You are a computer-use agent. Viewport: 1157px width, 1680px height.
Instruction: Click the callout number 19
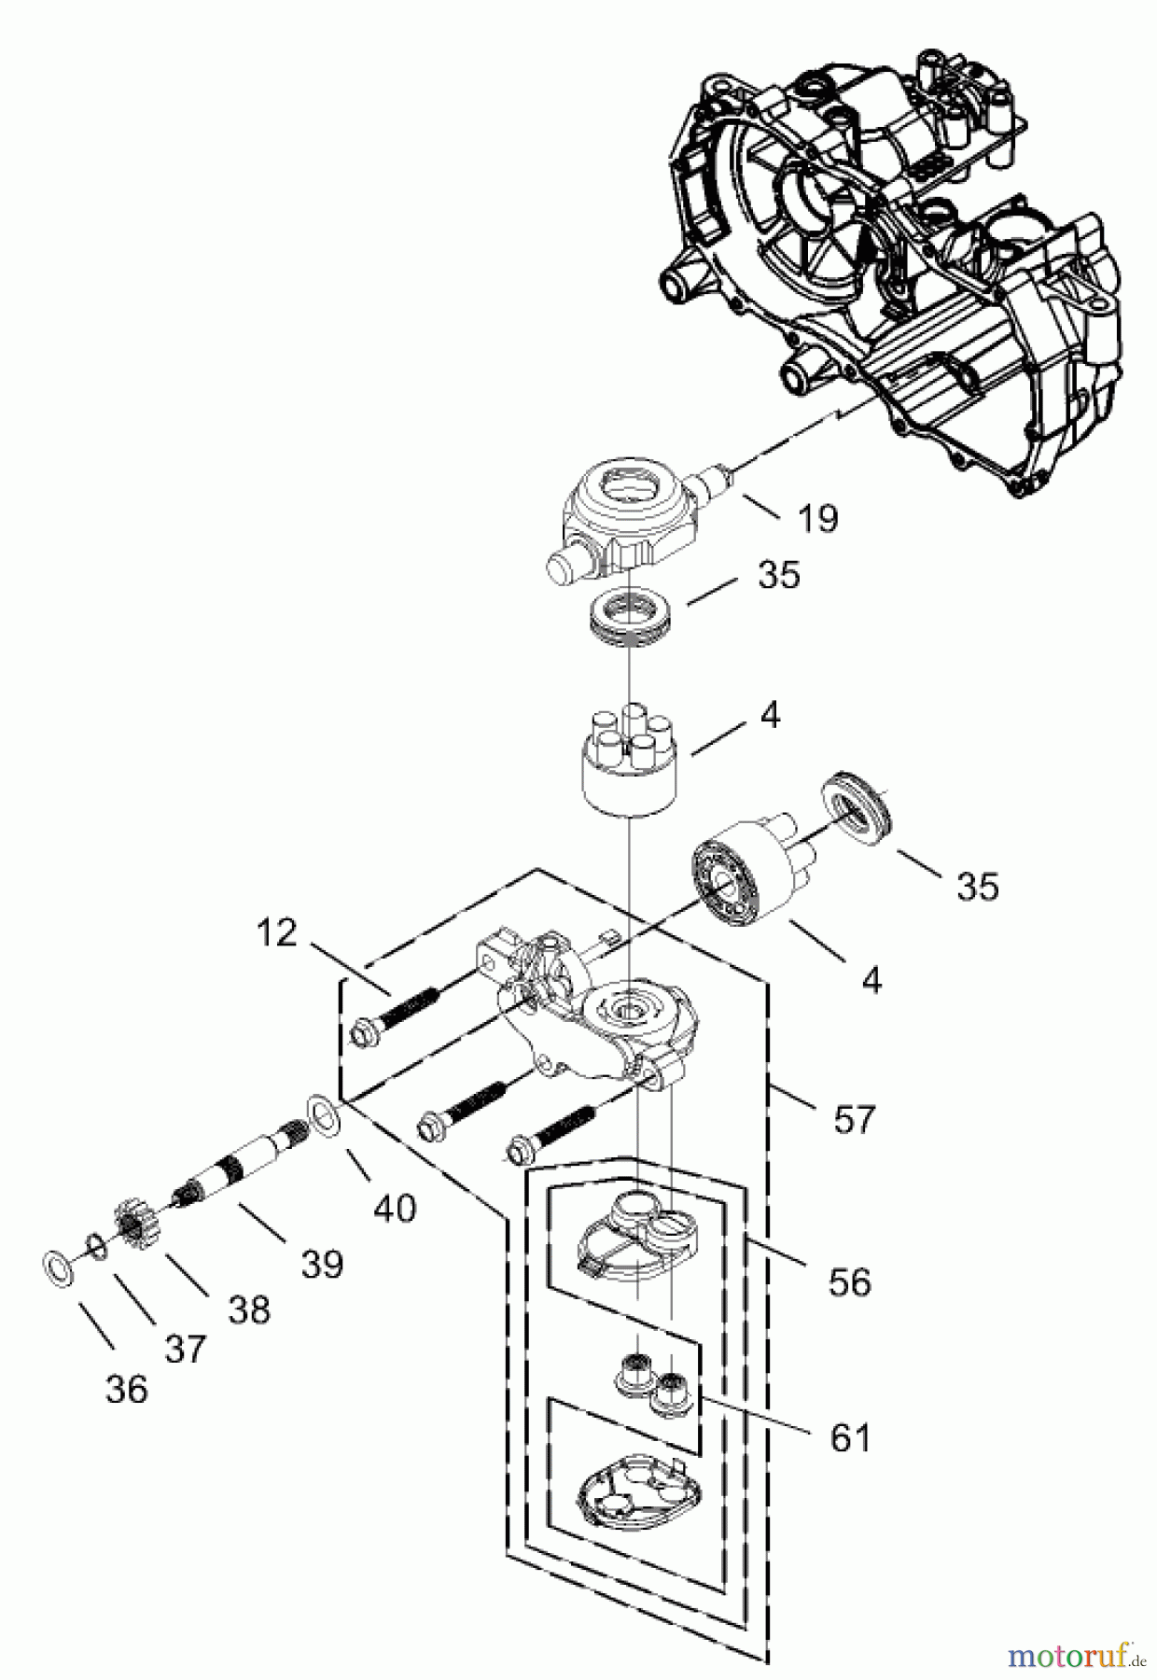[x=818, y=518]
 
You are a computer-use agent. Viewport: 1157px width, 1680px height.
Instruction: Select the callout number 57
[x=854, y=1118]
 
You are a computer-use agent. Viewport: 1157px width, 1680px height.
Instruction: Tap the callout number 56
[x=848, y=1281]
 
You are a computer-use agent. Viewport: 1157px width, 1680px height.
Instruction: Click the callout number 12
[x=276, y=931]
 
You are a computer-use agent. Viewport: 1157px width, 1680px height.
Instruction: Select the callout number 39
[x=322, y=1264]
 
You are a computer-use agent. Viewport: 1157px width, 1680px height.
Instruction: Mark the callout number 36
[x=127, y=1389]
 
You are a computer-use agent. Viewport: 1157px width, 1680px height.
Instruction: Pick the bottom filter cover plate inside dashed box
[x=634, y=1488]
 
